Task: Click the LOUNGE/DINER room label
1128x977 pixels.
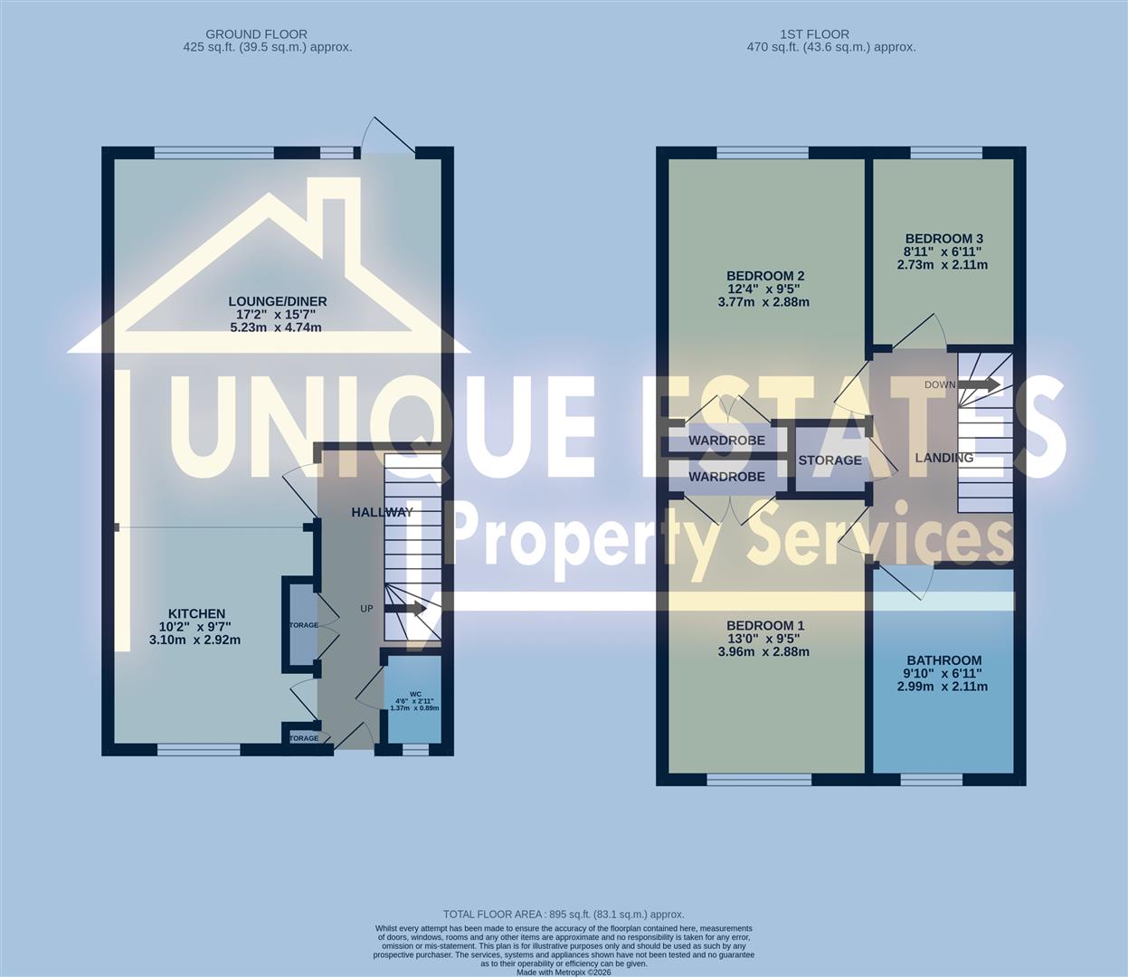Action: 278,301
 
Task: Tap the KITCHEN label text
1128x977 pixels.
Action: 195,613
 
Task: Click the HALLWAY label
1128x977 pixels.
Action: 382,512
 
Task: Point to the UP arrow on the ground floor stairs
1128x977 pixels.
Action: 404,608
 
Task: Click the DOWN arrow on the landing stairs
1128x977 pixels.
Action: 979,384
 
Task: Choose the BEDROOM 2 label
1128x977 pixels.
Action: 765,276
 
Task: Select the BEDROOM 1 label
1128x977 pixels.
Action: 765,625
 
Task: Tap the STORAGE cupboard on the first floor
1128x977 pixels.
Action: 829,460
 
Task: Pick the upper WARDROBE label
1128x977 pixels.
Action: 726,441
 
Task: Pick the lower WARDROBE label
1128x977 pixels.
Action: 726,477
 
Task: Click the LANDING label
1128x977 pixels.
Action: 943,458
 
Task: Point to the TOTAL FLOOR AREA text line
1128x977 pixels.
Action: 564,915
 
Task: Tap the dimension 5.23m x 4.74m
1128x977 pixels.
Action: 279,327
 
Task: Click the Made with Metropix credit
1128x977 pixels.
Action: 564,972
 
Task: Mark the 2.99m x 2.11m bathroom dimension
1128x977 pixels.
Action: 943,687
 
